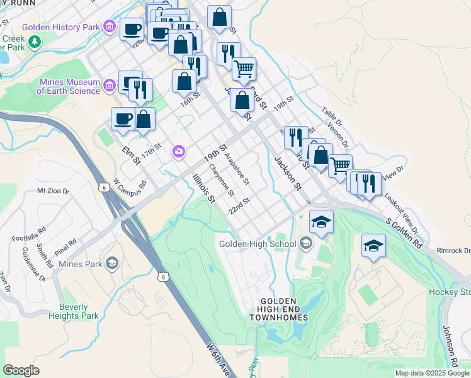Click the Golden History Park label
(61, 28)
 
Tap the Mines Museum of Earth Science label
(69, 86)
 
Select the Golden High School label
(258, 244)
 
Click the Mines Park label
(79, 263)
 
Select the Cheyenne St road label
(222, 180)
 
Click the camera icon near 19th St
(179, 151)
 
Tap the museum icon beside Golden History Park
(110, 26)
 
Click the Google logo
(21, 370)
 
